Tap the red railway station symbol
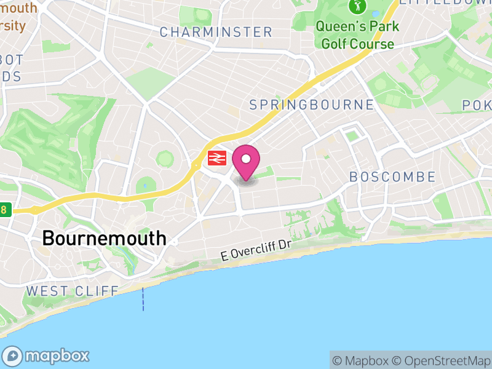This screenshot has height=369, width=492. click(x=217, y=158)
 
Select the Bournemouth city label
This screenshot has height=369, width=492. click(x=104, y=239)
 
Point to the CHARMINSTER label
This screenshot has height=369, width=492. click(x=216, y=32)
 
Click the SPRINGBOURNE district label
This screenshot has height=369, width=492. click(x=312, y=105)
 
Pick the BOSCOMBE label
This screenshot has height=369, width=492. click(x=392, y=177)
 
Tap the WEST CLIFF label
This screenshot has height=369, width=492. click(x=71, y=291)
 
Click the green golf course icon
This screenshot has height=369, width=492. click(x=357, y=7)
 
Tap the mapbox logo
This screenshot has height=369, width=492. click(x=47, y=355)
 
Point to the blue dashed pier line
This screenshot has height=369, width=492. click(x=143, y=299)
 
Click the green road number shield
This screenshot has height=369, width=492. click(x=5, y=210)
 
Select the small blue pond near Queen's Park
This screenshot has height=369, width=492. click(x=375, y=13)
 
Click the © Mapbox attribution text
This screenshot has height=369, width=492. click(x=362, y=361)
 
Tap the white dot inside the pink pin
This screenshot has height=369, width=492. click(x=246, y=159)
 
